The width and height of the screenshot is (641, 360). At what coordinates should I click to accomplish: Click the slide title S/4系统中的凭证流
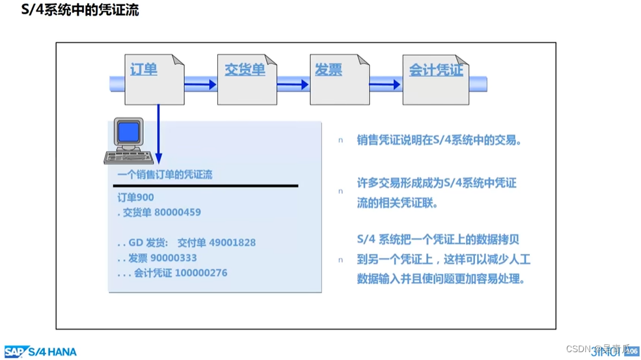point(76,10)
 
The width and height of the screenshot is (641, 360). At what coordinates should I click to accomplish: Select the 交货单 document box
point(247,79)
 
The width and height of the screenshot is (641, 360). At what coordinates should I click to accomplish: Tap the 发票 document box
point(339,79)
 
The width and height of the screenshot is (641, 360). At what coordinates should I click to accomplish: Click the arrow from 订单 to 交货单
point(200,84)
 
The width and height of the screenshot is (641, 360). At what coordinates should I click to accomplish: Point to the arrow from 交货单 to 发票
point(293,84)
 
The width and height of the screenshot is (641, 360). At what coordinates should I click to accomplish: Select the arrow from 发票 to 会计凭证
point(386,84)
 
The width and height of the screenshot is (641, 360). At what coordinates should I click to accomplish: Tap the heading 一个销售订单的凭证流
point(165,174)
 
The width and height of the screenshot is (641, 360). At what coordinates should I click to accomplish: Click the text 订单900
point(135,197)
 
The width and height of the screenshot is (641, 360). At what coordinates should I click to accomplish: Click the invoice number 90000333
point(174,258)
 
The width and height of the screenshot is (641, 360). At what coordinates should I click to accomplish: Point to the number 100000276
point(201,273)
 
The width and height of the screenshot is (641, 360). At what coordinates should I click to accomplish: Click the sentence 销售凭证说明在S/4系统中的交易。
point(439,140)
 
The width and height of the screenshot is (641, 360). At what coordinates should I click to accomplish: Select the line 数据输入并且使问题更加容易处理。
point(441,279)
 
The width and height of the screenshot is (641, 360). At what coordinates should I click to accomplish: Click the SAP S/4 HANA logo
point(40,352)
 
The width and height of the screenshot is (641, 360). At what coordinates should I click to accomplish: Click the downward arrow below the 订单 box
point(158,137)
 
